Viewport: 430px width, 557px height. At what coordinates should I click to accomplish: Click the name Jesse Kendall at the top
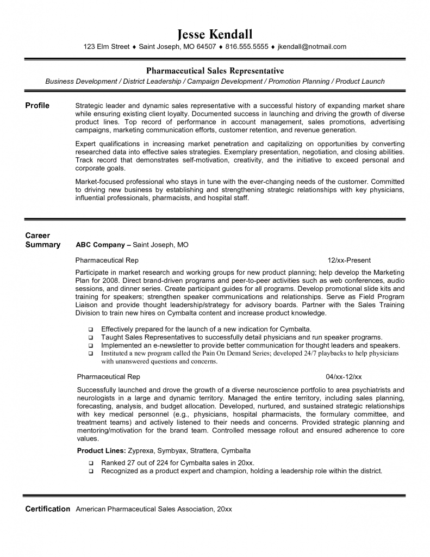[215, 34]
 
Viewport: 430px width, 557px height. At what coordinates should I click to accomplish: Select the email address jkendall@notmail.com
[311, 47]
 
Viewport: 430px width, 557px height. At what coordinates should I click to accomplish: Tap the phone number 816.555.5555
[247, 47]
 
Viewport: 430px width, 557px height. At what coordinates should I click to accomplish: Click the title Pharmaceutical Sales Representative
[215, 71]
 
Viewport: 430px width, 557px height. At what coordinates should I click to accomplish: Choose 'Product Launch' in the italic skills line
[360, 82]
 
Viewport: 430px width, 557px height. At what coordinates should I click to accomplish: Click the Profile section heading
[38, 106]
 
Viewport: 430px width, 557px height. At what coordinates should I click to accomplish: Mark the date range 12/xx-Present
[349, 261]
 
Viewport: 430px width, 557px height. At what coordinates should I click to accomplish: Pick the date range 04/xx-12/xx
[344, 377]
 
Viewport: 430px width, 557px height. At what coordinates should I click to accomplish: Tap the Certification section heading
[48, 509]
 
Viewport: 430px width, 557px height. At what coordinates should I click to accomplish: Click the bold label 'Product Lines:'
[102, 451]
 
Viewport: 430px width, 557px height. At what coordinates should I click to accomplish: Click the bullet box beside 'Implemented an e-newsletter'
[91, 346]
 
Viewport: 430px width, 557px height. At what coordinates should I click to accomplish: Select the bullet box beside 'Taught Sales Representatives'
[91, 338]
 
